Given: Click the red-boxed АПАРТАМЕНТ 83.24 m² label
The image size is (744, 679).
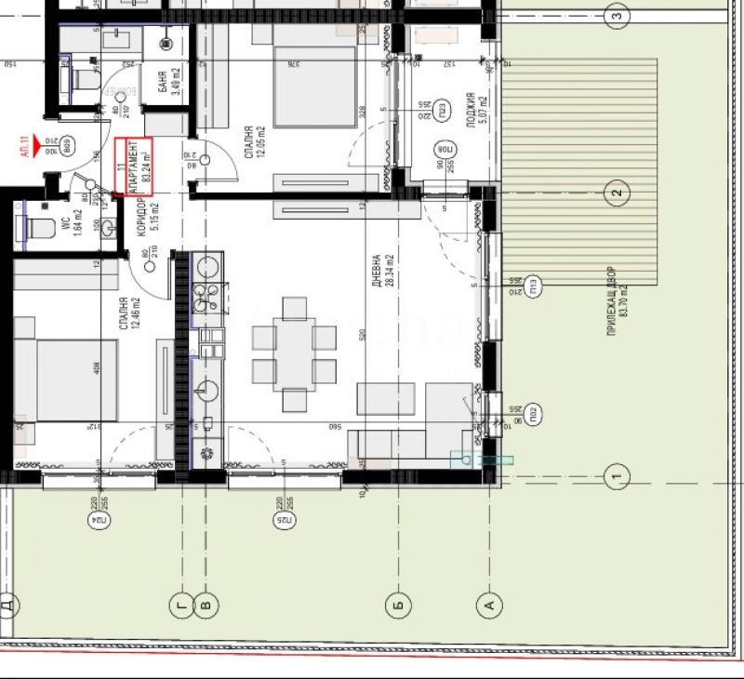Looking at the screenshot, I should tap(132, 167).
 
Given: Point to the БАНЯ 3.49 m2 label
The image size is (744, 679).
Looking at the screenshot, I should tap(167, 83).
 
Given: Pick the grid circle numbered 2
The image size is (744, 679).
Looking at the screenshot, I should tap(615, 193).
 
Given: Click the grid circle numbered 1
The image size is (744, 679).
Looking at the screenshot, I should tap(615, 478).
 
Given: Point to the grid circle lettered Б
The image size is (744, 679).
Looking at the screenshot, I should tap(397, 606).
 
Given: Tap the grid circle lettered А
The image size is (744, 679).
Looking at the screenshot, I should tap(488, 606).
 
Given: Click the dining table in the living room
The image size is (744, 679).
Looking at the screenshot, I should tap(295, 353).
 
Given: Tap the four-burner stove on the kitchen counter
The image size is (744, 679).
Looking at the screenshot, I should tap(206, 298).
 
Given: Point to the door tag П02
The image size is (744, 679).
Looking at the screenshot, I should tap(534, 413).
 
